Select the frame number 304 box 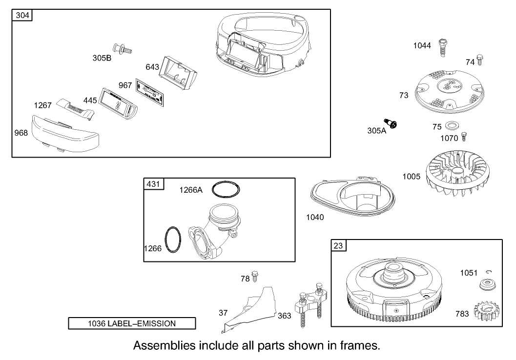(22, 16)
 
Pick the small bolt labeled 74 (480, 60)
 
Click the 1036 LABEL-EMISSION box (132, 323)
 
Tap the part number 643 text (152, 67)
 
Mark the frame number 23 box (338, 245)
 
